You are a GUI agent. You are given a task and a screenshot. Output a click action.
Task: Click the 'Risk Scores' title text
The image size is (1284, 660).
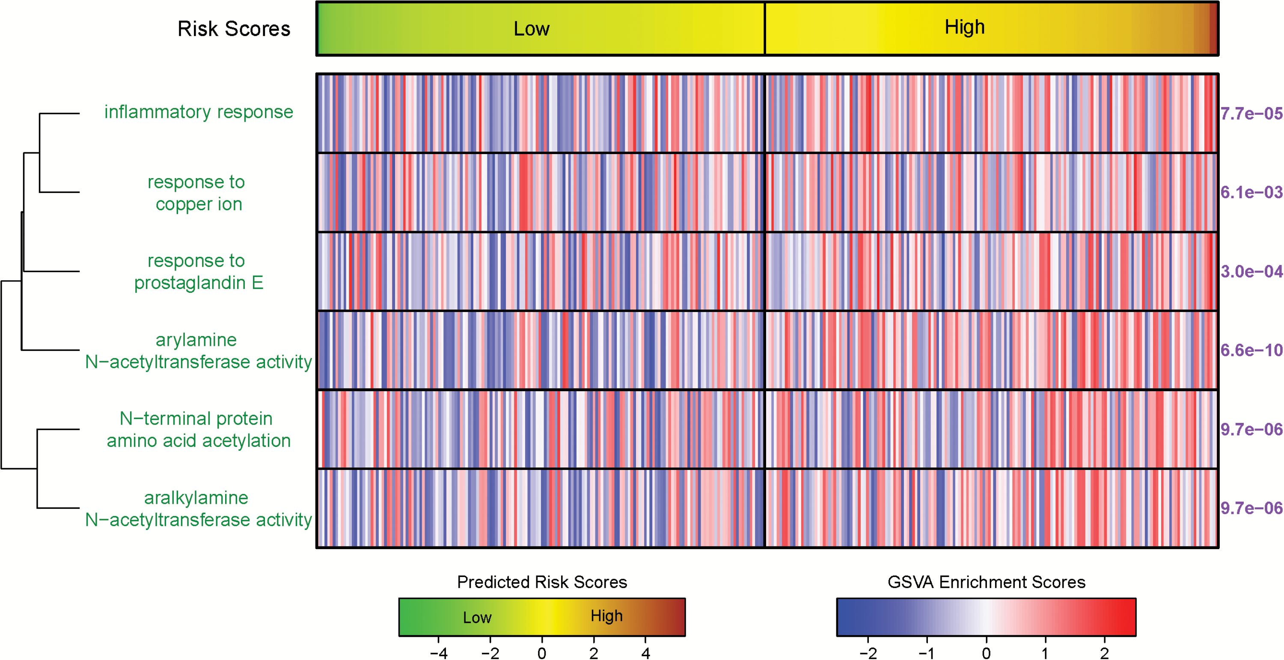(234, 29)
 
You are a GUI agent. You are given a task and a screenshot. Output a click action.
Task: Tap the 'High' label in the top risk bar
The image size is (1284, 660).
(964, 27)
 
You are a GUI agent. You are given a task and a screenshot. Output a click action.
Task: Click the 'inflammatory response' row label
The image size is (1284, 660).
(199, 112)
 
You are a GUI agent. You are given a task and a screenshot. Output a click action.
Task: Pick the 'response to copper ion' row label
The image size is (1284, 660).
(197, 193)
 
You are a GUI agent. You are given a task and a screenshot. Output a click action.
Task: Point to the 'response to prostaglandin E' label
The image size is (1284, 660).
(198, 272)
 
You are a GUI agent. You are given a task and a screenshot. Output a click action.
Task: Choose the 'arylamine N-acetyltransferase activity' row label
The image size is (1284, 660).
(198, 351)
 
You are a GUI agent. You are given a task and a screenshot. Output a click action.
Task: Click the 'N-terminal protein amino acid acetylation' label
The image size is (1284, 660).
(198, 430)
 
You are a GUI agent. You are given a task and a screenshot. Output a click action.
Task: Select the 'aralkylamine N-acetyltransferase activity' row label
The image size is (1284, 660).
(198, 509)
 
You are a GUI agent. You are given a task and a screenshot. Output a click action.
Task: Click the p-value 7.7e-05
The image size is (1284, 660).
(1251, 114)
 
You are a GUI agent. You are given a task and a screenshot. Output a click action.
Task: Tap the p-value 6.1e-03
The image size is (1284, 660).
(1251, 193)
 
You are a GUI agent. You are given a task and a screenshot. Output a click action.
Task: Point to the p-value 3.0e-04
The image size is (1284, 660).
(1251, 272)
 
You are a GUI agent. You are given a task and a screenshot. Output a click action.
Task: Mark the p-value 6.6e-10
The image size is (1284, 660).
(1251, 351)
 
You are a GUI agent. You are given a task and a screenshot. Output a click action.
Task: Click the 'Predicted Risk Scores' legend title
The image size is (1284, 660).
(542, 582)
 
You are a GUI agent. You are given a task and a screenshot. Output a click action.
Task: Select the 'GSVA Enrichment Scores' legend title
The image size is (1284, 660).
(986, 582)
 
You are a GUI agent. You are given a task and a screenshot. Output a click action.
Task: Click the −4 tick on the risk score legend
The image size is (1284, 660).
(439, 653)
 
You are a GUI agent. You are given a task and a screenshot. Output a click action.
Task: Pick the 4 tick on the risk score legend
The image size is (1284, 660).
(645, 653)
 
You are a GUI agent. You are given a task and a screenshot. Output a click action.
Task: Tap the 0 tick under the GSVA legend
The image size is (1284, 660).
(986, 653)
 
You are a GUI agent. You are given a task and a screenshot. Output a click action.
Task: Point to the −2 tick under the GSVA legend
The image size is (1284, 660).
(868, 653)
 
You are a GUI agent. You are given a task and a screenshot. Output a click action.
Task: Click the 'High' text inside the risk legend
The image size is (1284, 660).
(606, 616)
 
